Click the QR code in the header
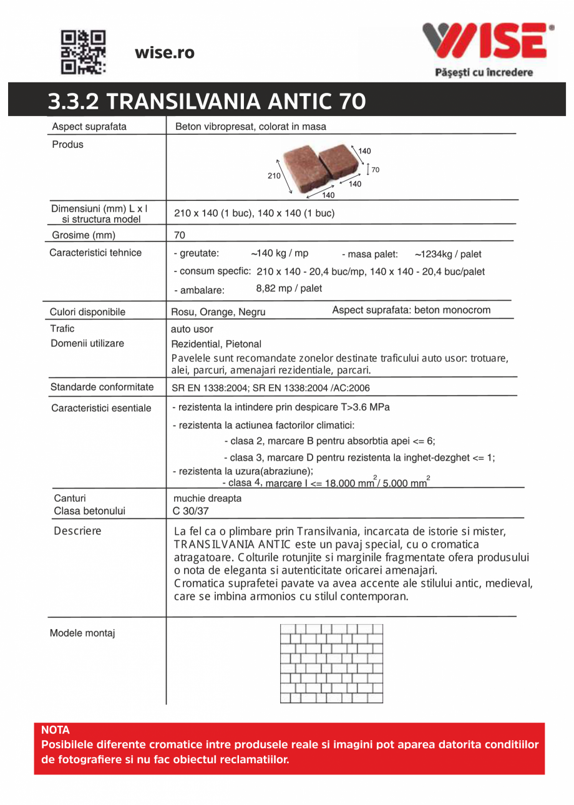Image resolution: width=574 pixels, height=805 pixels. click(x=83, y=51)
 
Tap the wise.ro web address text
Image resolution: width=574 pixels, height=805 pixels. click(x=165, y=53)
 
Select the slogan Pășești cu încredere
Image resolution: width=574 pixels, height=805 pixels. click(x=484, y=72)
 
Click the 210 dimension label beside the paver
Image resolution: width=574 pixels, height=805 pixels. click(x=274, y=176)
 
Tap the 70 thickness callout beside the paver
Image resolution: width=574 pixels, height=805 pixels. click(x=376, y=169)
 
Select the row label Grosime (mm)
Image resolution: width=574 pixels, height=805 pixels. click(x=84, y=235)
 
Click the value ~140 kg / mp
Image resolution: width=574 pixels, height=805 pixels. click(x=280, y=253)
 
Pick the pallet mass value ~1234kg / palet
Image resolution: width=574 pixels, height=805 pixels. click(x=448, y=254)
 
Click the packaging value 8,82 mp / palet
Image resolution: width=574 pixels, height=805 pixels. click(x=289, y=288)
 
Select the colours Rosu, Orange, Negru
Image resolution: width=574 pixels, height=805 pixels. click(x=218, y=312)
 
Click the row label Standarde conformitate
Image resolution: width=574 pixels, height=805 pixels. click(x=102, y=387)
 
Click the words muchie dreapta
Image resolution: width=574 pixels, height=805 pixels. click(x=207, y=499)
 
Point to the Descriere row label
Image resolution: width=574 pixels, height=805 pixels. click(x=77, y=531)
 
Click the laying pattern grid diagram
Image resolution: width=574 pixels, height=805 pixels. click(x=331, y=664)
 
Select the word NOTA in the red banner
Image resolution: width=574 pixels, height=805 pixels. click(x=56, y=730)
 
